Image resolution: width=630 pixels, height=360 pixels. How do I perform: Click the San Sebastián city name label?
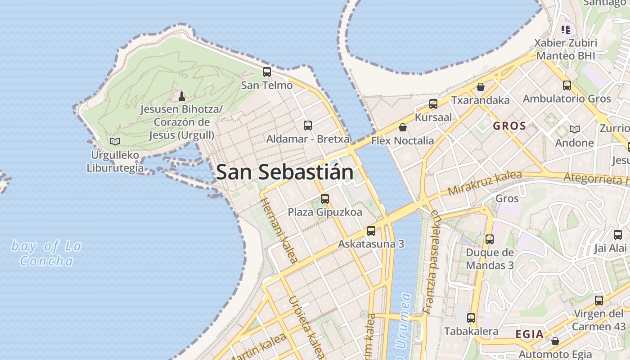click(x=284, y=172)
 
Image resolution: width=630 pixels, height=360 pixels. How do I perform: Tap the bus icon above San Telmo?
click(x=267, y=72)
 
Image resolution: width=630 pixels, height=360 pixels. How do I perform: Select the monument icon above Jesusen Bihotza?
click(x=181, y=96)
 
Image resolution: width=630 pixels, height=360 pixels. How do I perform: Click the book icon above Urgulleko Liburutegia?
click(x=115, y=142)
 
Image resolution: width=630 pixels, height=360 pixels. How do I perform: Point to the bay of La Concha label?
click(x=46, y=253)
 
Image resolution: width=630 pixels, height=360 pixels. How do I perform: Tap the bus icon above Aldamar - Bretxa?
click(x=308, y=126)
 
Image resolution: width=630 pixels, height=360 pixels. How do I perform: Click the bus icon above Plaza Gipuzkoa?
click(x=325, y=198)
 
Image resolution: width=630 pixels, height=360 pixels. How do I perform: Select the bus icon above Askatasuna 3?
click(x=371, y=231)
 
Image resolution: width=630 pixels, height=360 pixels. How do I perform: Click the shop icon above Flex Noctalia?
click(x=403, y=128)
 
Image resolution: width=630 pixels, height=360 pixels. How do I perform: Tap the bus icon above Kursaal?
click(x=433, y=104)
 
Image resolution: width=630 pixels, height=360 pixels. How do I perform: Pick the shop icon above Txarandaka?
click(x=481, y=87)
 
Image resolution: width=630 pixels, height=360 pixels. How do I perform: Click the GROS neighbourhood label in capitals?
click(x=509, y=126)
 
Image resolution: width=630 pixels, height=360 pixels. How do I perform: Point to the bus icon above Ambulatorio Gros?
click(x=567, y=85)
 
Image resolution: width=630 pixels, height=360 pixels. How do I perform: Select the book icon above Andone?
click(x=575, y=130)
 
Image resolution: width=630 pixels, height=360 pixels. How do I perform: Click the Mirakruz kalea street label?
click(x=485, y=183)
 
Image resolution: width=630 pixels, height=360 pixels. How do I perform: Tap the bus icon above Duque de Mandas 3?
click(x=490, y=239)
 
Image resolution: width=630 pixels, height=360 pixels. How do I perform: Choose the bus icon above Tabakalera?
click(x=471, y=318)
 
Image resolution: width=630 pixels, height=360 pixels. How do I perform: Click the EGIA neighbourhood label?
click(x=530, y=334)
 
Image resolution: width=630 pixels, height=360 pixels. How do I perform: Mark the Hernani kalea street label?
click(x=279, y=230)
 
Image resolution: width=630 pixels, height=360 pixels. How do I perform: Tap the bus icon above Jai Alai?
click(x=618, y=235)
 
